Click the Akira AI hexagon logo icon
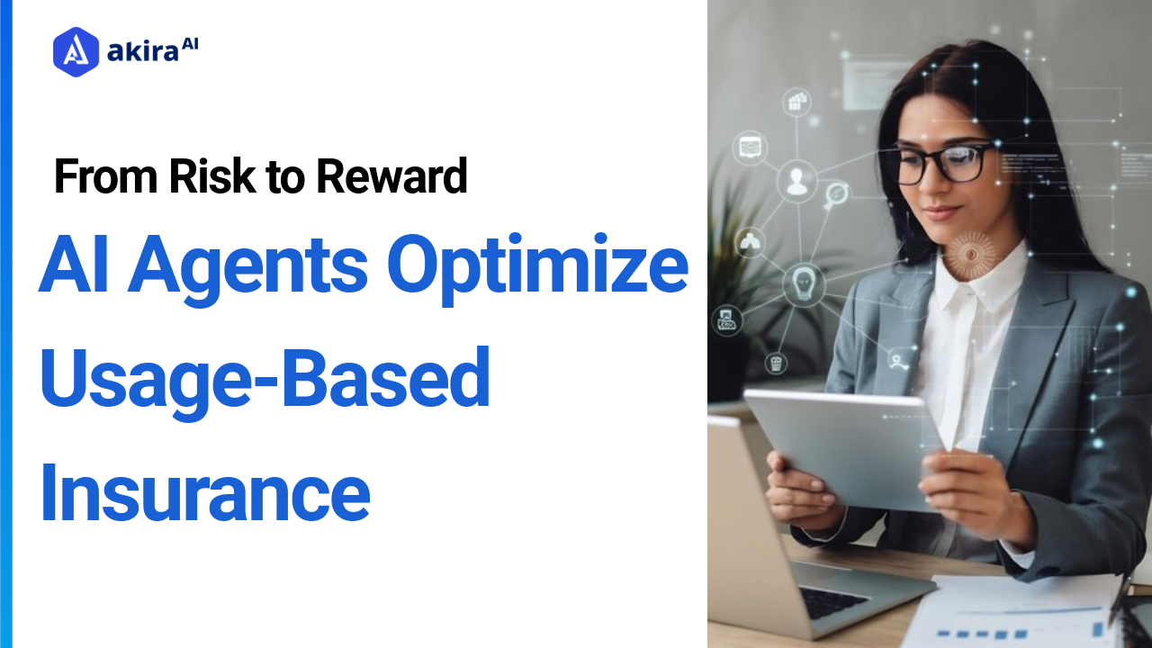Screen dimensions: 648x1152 tap(76, 51)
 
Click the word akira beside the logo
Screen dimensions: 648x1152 tap(142, 53)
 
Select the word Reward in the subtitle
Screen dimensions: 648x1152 tap(391, 176)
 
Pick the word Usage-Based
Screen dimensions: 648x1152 tap(265, 379)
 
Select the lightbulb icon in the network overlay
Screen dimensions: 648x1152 tap(803, 283)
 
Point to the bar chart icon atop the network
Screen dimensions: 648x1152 tap(796, 102)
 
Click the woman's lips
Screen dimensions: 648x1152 tap(940, 212)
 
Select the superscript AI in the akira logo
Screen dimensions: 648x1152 tap(189, 45)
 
